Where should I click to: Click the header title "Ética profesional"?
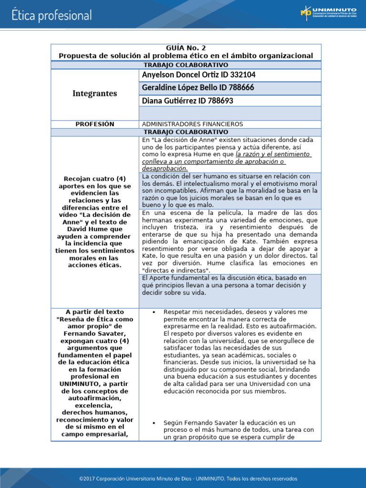51,15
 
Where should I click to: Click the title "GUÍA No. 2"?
185,48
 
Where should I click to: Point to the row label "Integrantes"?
94,93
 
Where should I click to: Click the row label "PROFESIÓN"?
94,124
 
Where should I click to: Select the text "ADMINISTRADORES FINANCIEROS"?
193,124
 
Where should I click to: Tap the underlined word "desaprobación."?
165,168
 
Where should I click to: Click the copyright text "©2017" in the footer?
89,478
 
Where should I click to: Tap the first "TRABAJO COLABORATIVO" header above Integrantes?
185,65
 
